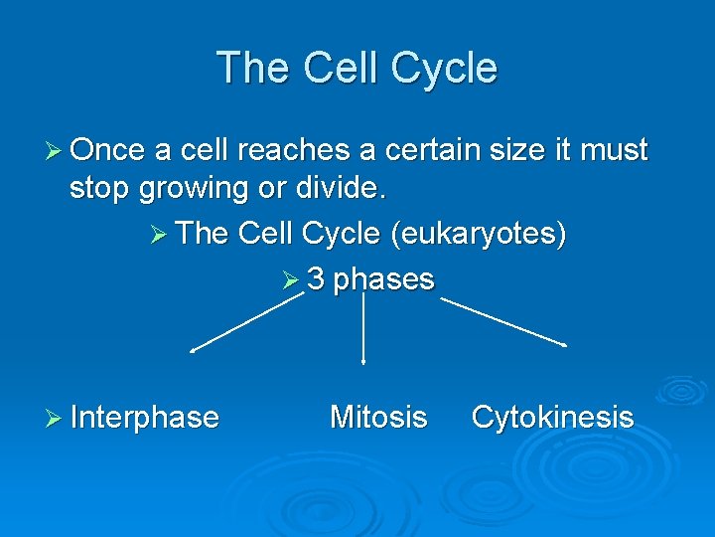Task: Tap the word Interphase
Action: point(145,417)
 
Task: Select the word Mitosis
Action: point(378,417)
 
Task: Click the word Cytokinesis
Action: point(552,417)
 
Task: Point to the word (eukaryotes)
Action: point(479,233)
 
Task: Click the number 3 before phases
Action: point(316,279)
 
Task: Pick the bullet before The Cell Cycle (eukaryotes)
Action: point(164,234)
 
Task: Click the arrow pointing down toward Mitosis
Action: point(362,328)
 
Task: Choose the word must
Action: point(613,151)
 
